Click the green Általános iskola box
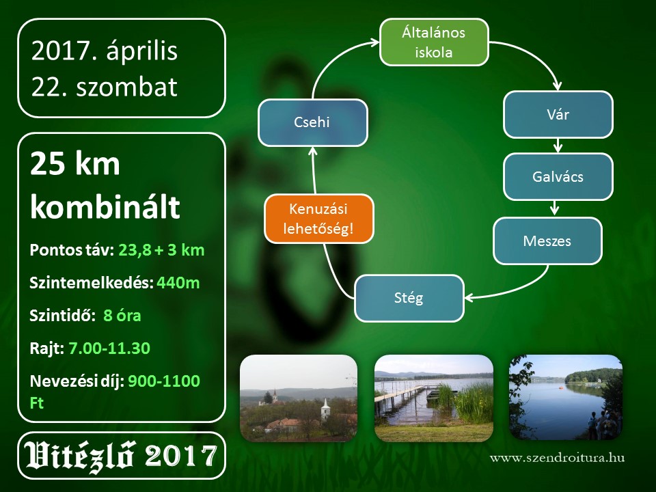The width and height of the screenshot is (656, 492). point(434,42)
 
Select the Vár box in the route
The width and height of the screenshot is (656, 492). point(558,114)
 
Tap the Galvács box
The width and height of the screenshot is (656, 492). point(558,176)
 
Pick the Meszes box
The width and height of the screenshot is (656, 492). point(547,241)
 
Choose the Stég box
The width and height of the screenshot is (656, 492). point(409,298)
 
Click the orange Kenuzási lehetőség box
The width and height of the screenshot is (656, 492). point(319,219)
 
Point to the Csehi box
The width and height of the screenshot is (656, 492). point(312,122)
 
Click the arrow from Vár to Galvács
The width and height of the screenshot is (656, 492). point(558,145)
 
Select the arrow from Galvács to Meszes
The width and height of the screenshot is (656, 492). point(555,208)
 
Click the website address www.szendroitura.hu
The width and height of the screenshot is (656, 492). point(558,458)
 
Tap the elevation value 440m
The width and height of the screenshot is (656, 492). point(178,283)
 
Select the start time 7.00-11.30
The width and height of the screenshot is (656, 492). point(109,348)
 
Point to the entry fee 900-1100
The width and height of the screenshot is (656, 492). point(164,381)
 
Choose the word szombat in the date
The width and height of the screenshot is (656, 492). point(127,87)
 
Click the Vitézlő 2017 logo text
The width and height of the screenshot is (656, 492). point(120,455)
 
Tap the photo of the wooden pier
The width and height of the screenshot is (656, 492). point(434,398)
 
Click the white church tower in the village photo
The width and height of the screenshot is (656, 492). point(325,409)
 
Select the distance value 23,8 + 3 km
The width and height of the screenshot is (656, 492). point(161,250)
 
